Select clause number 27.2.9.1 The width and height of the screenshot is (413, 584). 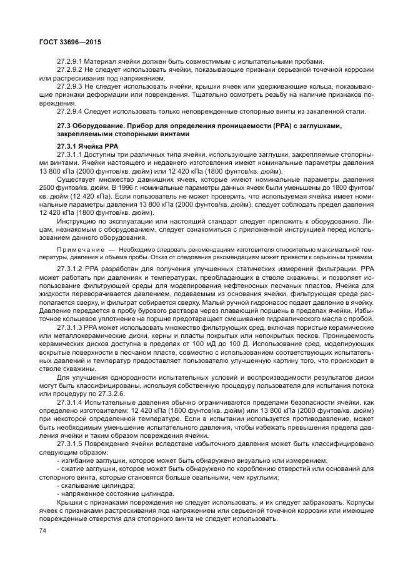[x=70, y=61]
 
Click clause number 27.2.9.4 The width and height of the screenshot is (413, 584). [x=70, y=111]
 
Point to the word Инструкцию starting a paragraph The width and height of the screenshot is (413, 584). [x=76, y=221]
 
